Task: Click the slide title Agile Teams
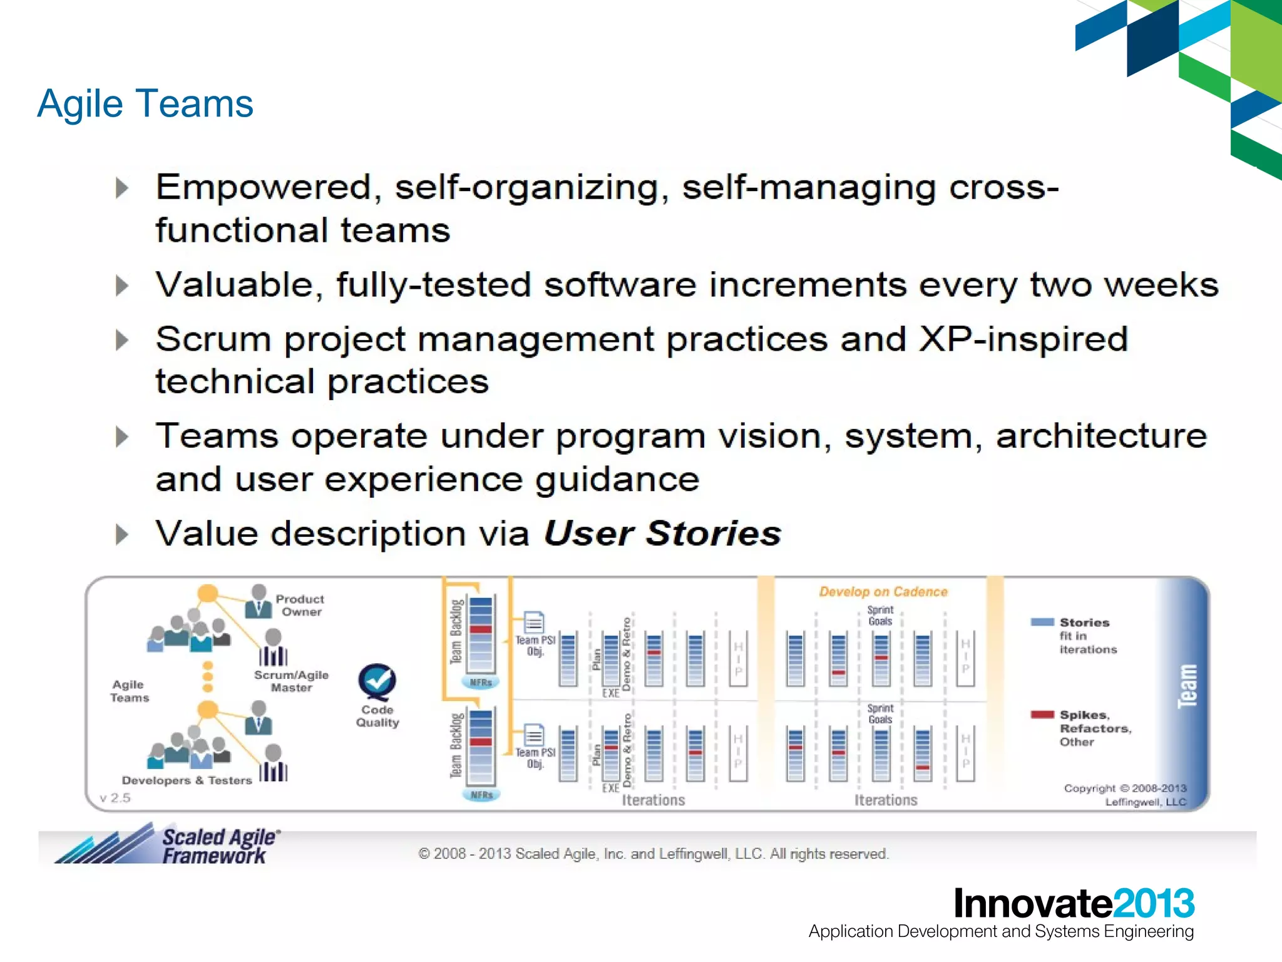(145, 103)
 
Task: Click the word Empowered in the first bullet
(264, 187)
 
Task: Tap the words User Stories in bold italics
(662, 534)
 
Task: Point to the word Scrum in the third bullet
(212, 340)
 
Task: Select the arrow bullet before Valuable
(122, 286)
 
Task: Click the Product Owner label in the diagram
(300, 606)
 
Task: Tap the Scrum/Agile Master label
(291, 681)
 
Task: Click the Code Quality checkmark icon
(377, 682)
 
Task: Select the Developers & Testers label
(187, 780)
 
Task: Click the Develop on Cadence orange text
(883, 592)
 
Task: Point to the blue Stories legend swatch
(1042, 622)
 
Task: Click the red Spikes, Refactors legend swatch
(1042, 715)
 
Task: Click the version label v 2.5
(115, 798)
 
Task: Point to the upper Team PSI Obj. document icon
(533, 622)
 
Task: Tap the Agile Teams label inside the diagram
(130, 691)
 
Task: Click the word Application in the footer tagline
(851, 932)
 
